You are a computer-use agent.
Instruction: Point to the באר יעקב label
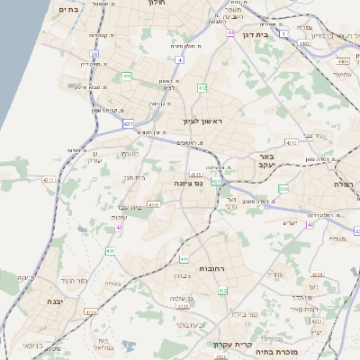(x=270, y=162)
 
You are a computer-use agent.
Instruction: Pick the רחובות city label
(x=216, y=268)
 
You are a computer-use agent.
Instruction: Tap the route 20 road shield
(x=94, y=54)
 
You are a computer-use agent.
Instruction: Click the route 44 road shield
(x=231, y=33)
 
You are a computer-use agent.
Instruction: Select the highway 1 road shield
(x=285, y=33)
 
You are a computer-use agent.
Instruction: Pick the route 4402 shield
(x=343, y=60)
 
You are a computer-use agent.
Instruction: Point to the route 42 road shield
(x=119, y=227)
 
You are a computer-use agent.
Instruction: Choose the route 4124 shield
(x=92, y=312)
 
